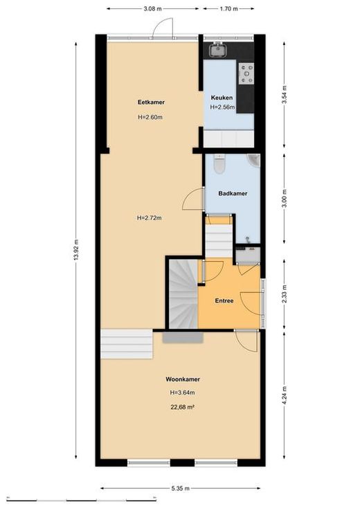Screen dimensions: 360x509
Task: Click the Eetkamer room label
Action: (151, 102)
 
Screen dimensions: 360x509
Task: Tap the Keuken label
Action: (222, 98)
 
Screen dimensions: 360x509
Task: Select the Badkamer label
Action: (233, 193)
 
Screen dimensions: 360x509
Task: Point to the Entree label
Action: (224, 301)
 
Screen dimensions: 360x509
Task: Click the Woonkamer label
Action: (183, 379)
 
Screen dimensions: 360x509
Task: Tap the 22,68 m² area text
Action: (183, 407)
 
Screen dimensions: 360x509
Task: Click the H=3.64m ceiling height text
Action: (183, 393)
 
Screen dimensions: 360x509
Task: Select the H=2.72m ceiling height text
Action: (150, 218)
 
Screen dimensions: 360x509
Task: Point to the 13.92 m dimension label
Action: (76, 250)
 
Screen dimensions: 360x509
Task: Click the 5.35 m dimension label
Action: (181, 488)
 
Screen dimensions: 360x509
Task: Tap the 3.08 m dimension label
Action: (152, 9)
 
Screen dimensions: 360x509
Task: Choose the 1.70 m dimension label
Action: (229, 9)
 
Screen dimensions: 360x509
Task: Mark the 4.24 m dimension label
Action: (285, 395)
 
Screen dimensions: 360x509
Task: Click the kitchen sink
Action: (217, 50)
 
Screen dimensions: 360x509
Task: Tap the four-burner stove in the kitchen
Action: (246, 73)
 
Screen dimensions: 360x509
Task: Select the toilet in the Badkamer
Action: (219, 164)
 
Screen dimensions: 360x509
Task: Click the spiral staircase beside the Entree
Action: (183, 294)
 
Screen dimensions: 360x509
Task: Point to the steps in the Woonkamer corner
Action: (127, 344)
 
